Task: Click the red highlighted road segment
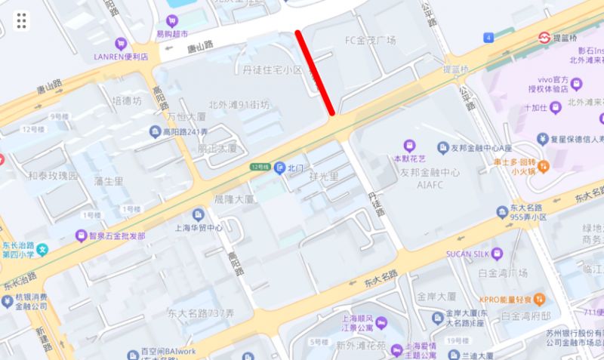[x=316, y=73]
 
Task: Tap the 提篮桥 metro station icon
[x=543, y=37]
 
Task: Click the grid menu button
[x=21, y=20]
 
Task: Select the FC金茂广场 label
[x=370, y=40]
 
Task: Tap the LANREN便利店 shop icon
[x=120, y=45]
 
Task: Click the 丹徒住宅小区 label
[x=272, y=69]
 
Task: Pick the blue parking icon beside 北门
[x=279, y=167]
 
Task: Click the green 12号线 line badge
[x=260, y=166]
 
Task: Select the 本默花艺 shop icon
[x=410, y=145]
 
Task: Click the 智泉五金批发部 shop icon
[x=81, y=235]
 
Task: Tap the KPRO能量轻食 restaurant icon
[x=538, y=298]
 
